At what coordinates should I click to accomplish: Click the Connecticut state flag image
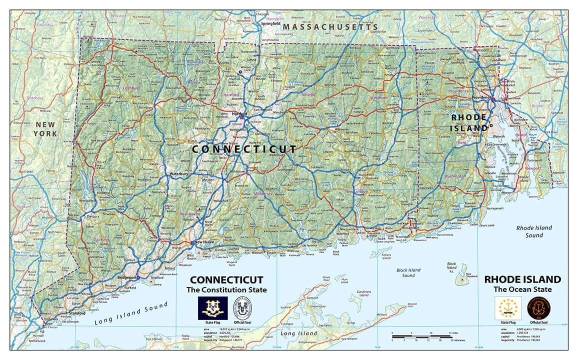coord(213,308)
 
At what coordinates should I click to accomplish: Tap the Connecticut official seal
coord(242,308)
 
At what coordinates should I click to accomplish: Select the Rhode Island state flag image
coord(507,308)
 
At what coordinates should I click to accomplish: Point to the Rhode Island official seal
coord(537,308)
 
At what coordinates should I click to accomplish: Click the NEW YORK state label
coord(45,128)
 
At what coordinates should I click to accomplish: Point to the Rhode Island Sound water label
coord(534,231)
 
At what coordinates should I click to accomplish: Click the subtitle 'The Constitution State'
coord(226,290)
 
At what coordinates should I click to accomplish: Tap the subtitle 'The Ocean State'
coord(522,289)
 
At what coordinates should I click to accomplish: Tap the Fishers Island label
coord(385,257)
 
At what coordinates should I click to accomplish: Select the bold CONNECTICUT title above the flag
coord(226,280)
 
